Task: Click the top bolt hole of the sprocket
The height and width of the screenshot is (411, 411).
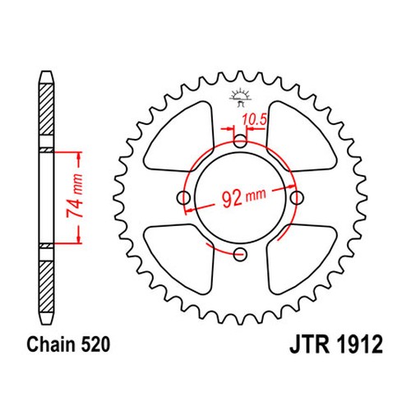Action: [240, 141]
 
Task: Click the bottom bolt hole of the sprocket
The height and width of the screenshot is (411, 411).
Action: [240, 255]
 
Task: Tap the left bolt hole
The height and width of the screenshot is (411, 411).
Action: [183, 197]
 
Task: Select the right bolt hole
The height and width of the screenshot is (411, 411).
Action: [297, 197]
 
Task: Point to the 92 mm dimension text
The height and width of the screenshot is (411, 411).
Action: [243, 197]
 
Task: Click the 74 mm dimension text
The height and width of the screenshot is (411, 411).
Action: [75, 196]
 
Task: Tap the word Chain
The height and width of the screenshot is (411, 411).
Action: [51, 344]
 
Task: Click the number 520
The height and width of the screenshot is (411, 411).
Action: [95, 344]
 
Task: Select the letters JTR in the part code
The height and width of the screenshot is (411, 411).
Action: [310, 344]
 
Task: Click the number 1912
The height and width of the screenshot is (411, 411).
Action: [359, 344]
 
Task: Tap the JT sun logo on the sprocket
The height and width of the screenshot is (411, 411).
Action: [240, 97]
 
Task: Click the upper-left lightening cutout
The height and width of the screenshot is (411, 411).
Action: [179, 137]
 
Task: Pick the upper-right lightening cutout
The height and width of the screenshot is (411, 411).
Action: [301, 137]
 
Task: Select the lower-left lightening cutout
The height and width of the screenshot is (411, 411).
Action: [179, 259]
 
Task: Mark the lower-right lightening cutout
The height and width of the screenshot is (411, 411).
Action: [301, 259]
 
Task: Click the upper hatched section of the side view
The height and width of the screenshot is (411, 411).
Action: [46, 109]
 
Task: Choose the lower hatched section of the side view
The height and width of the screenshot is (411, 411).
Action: [46, 287]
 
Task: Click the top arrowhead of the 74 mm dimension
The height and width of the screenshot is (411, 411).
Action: [80, 155]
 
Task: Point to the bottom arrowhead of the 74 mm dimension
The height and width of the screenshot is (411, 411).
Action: [80, 239]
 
